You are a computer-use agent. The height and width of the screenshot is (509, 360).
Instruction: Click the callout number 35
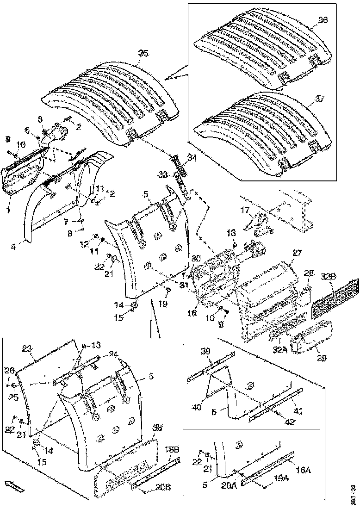click(x=143, y=53)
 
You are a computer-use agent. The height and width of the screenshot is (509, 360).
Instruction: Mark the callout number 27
click(x=296, y=253)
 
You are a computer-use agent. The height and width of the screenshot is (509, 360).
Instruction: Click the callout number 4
click(x=14, y=247)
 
